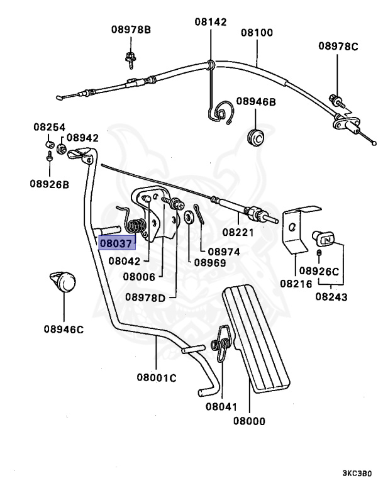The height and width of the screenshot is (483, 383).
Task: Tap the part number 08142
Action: click(x=209, y=21)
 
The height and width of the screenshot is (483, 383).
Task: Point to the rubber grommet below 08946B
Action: click(x=256, y=136)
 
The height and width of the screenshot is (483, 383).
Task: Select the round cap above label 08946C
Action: click(x=64, y=280)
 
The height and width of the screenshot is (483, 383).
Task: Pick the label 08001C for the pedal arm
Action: click(x=156, y=378)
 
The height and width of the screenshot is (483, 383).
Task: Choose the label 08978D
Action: click(x=145, y=297)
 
